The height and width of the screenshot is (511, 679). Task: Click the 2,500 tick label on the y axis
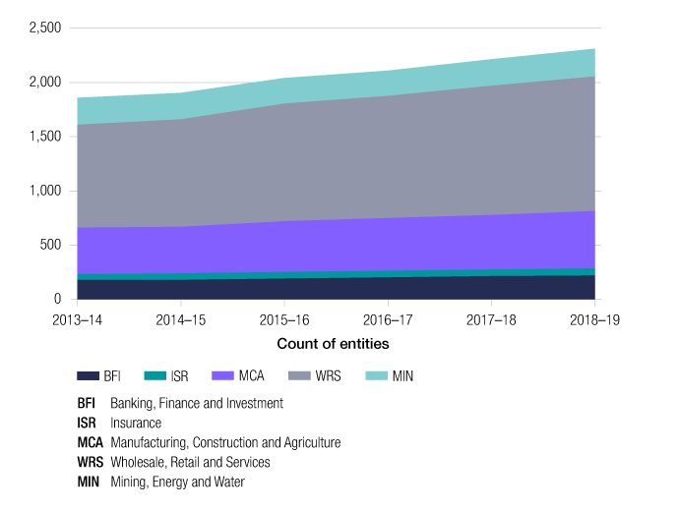tap(45, 28)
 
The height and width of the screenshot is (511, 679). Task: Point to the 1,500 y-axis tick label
tap(45, 137)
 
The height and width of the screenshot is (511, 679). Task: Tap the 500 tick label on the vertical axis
tap(50, 245)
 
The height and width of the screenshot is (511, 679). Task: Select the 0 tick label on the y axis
tap(58, 299)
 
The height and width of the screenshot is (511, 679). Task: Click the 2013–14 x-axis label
tap(82, 319)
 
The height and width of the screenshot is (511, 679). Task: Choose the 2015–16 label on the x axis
tap(285, 319)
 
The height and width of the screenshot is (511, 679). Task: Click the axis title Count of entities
tap(333, 344)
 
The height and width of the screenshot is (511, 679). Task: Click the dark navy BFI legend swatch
tap(89, 376)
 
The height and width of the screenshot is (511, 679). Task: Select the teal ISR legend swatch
tap(156, 376)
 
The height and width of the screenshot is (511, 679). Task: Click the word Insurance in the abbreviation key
tap(137, 423)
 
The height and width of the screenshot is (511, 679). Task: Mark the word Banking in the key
tap(133, 403)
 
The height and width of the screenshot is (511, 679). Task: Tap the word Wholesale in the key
tap(141, 462)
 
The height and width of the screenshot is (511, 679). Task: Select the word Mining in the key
tap(130, 482)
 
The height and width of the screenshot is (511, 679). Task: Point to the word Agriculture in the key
tap(308, 442)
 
